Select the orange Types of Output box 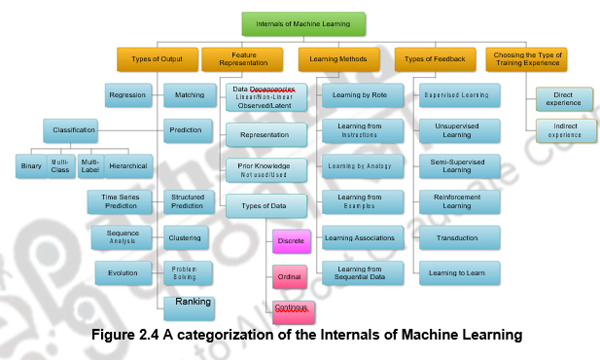tap(157, 59)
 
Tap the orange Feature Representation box tap(242, 59)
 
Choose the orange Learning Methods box tap(337, 59)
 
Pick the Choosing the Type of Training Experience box tap(526, 59)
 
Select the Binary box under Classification tap(31, 166)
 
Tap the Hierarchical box tap(128, 166)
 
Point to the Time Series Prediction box tap(115, 202)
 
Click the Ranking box tap(194, 304)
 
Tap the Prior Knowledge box tap(266, 169)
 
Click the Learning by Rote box tap(360, 95)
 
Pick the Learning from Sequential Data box tap(360, 273)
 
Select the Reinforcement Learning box tap(459, 202)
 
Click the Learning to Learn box tap(459, 273)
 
